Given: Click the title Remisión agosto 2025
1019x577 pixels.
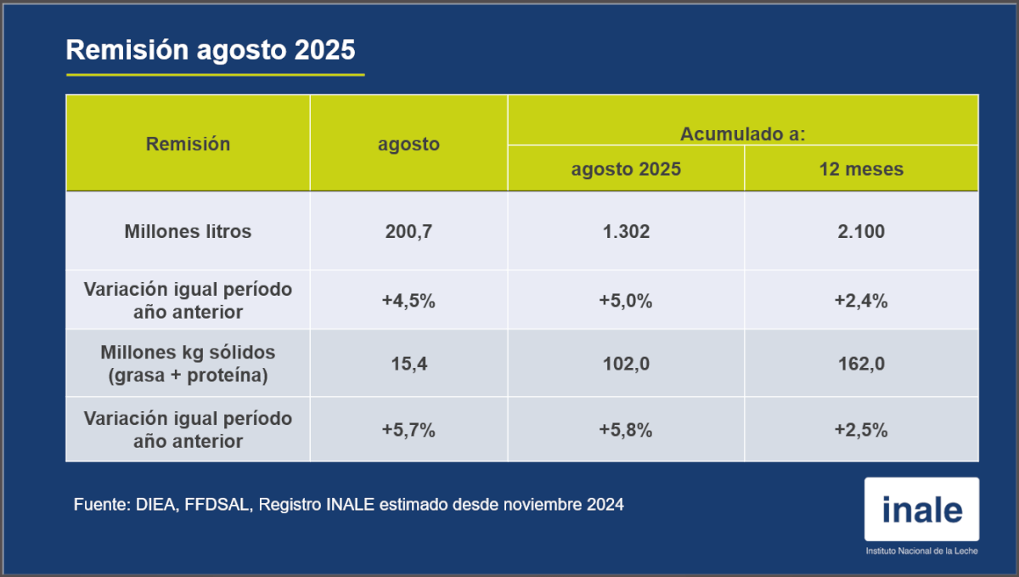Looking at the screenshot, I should (x=211, y=50).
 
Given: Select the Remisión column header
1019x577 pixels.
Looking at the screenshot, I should (x=188, y=144).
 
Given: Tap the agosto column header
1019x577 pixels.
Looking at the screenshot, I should (x=408, y=144).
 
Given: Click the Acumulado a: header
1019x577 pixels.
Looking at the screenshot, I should (x=742, y=133).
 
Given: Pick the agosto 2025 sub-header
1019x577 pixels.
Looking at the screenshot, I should (x=626, y=169).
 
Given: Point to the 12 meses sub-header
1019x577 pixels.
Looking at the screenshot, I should (x=861, y=169).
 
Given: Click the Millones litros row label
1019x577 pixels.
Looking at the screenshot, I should (x=188, y=231).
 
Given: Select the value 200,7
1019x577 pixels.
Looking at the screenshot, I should (x=408, y=231).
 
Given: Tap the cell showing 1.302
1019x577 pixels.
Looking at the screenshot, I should (x=626, y=231).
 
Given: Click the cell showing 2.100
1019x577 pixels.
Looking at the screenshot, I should (x=861, y=231).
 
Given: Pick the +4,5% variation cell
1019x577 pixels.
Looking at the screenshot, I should (x=408, y=301).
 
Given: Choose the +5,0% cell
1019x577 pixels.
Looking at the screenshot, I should (x=626, y=301).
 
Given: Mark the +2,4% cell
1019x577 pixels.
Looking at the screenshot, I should (x=861, y=301).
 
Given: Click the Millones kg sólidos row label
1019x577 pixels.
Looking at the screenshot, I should (x=188, y=364).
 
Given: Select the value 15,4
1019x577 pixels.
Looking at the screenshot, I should (x=408, y=364).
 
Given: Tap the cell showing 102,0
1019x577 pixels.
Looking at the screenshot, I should (x=626, y=364).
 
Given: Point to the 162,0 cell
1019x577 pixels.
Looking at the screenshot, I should (x=861, y=364).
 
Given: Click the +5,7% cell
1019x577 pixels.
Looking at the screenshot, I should (x=408, y=430).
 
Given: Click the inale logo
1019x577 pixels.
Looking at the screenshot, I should (x=921, y=510).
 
